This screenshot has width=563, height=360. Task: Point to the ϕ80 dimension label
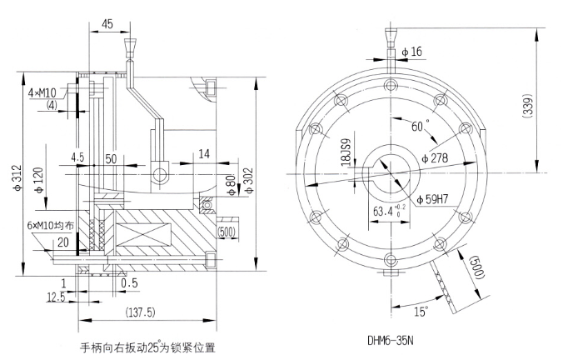[232, 182]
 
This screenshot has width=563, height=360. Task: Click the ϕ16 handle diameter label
[411, 52]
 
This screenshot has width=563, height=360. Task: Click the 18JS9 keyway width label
[341, 152]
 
